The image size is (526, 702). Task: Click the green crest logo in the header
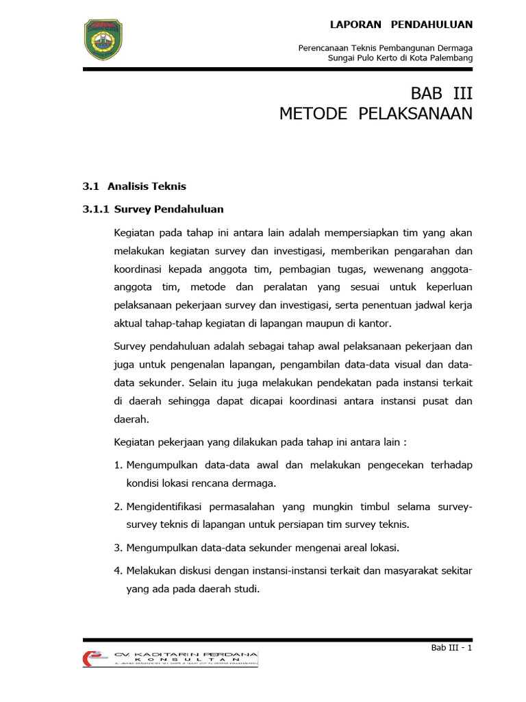(104, 40)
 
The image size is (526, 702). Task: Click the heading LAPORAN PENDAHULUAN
(401, 25)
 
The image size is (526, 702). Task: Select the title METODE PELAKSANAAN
(376, 114)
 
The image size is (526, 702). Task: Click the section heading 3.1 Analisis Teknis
(134, 186)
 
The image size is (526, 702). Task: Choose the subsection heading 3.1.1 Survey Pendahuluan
(153, 208)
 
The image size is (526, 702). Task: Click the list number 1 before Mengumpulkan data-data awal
(118, 465)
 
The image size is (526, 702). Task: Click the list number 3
(118, 547)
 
